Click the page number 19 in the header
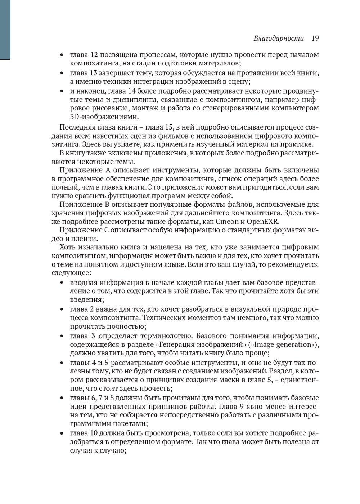coord(315,38)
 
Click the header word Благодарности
coord(279,38)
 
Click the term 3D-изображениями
coord(104,117)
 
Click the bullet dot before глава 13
coord(62,73)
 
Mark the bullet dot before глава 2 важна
coord(62,309)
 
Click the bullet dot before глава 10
coord(62,433)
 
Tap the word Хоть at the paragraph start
coord(67,247)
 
